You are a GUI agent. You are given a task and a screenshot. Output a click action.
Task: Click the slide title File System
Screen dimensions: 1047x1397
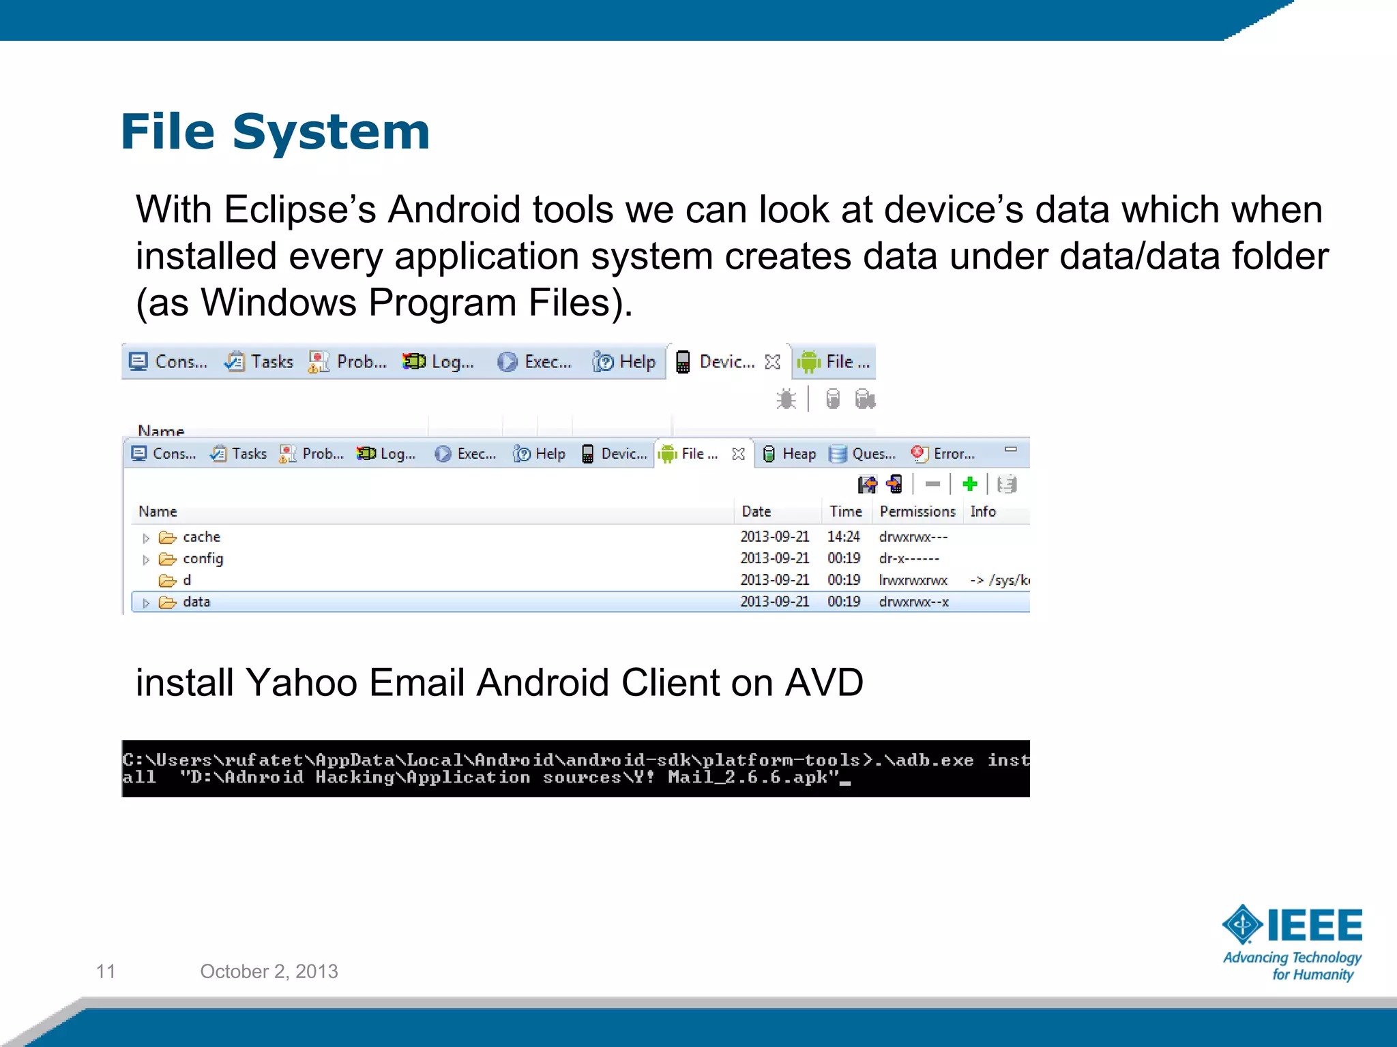click(275, 131)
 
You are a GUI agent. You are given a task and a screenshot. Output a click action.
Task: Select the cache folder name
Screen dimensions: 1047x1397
click(201, 537)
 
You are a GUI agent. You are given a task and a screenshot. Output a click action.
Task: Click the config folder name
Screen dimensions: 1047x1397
click(203, 559)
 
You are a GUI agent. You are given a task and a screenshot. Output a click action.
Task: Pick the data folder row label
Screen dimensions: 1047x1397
click(196, 602)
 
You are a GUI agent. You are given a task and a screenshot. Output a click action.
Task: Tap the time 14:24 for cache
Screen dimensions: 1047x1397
click(843, 537)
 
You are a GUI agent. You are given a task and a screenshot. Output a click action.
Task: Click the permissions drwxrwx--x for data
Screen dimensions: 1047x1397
click(913, 602)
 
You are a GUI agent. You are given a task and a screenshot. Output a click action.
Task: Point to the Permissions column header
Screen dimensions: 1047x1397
click(917, 511)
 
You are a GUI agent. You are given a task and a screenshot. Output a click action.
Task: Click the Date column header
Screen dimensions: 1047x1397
click(756, 511)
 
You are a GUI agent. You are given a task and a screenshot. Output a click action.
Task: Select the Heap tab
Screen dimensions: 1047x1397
click(791, 454)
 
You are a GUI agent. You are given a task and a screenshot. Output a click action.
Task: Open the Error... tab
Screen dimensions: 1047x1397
click(945, 454)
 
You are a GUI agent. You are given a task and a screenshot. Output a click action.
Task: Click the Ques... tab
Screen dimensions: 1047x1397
click(864, 454)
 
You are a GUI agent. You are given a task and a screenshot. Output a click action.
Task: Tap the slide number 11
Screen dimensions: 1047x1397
click(106, 971)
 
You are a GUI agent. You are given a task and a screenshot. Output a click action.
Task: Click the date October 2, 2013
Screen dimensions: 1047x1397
click(269, 971)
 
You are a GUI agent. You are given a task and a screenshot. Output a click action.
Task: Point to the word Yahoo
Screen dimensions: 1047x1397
click(301, 682)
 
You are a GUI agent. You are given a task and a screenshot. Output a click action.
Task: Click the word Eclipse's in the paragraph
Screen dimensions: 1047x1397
click(300, 209)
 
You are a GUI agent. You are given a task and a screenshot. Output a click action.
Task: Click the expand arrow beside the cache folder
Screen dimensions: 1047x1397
click(146, 538)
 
